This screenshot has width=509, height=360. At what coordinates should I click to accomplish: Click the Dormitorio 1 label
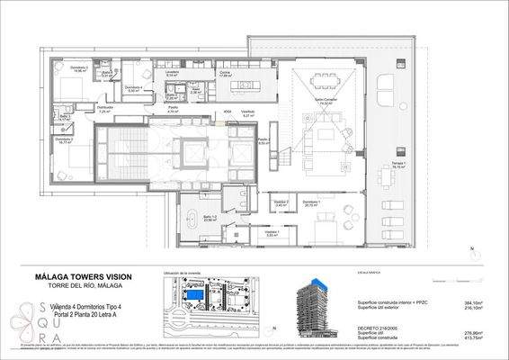[x=311, y=202]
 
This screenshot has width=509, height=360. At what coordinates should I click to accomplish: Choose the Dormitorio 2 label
[x=62, y=139]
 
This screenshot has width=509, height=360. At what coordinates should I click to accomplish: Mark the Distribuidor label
[x=106, y=108]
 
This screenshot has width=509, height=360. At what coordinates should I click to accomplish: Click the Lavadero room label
[x=171, y=74]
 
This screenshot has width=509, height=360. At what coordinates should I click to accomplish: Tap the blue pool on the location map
[x=193, y=296]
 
